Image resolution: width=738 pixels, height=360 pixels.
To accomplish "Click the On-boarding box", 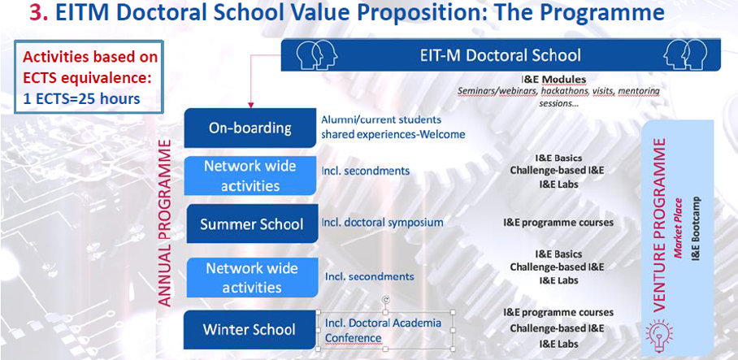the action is pyautogui.click(x=250, y=128).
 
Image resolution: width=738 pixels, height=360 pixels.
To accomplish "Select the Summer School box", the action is pyautogui.click(x=251, y=223).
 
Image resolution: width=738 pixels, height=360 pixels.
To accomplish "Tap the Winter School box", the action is pyautogui.click(x=250, y=329).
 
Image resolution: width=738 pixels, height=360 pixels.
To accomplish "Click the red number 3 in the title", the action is pyautogui.click(x=38, y=13).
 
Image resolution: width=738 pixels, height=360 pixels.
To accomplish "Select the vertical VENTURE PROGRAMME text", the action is pyautogui.click(x=660, y=224).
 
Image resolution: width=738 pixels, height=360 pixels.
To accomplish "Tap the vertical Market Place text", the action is pyautogui.click(x=678, y=228).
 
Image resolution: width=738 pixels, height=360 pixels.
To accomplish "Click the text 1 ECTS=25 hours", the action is pyautogui.click(x=81, y=99).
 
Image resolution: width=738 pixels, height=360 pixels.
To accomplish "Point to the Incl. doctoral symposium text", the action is pyautogui.click(x=383, y=222).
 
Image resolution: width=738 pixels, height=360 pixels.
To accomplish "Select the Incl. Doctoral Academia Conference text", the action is pyautogui.click(x=383, y=330).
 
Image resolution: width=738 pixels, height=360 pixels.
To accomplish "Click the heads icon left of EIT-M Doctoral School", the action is pyautogui.click(x=316, y=55).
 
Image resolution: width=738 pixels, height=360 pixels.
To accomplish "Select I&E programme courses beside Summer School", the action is pyautogui.click(x=558, y=222).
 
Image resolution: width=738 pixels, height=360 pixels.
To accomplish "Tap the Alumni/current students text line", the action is pyautogui.click(x=381, y=119).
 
